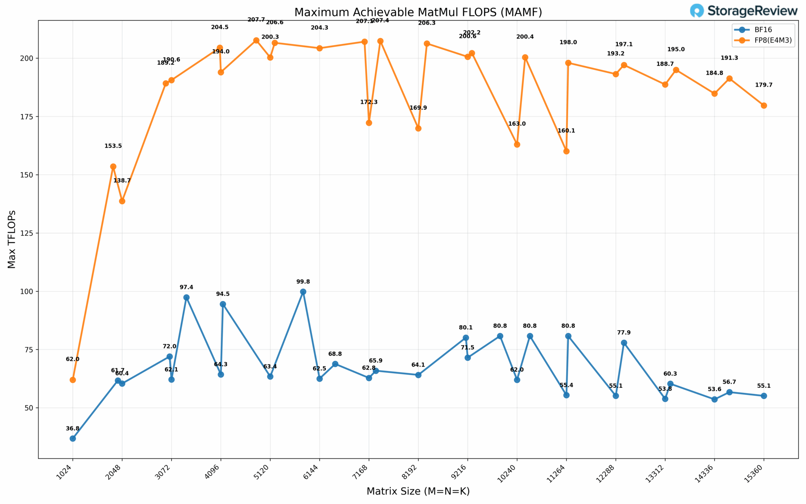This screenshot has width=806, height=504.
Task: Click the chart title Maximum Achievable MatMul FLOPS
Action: [x=418, y=12]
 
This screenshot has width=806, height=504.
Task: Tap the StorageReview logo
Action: [x=743, y=11]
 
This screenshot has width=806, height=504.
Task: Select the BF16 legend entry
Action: [x=755, y=30]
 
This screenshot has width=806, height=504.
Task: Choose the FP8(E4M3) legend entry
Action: [x=763, y=40]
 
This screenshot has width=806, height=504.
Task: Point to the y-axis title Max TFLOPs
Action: [x=12, y=239]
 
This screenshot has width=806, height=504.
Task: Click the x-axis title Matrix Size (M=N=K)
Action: [x=418, y=491]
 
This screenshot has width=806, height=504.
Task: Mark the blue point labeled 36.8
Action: [x=72, y=439]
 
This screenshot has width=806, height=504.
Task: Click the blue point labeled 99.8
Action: [x=303, y=292]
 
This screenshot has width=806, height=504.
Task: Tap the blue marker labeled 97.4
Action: [x=187, y=297]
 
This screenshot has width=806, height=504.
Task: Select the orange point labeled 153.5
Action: [x=113, y=167]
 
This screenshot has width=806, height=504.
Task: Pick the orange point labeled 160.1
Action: [x=566, y=151]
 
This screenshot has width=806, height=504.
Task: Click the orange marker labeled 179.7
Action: [x=764, y=106]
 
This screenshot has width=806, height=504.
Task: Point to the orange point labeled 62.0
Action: [x=72, y=380]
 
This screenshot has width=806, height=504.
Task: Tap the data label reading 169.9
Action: [x=418, y=108]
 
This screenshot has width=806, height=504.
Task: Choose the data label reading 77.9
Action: [x=624, y=333]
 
